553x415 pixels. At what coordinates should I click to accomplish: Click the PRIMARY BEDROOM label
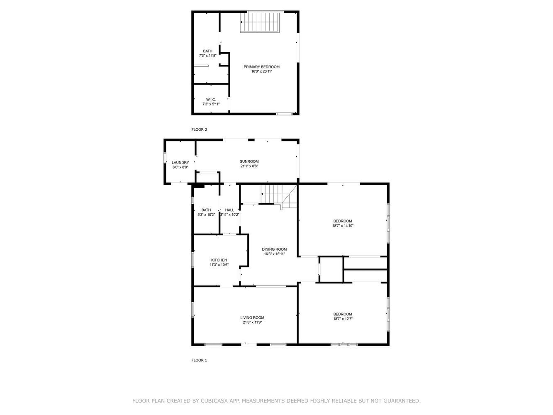pos(261,67)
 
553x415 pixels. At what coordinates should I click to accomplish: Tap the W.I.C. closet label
pos(211,100)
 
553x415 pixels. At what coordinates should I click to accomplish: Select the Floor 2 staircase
pos(260,22)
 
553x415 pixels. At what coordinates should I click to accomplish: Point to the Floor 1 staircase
pos(279,197)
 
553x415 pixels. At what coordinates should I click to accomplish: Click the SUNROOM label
pos(249,161)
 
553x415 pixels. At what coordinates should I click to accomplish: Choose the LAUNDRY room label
pos(180,163)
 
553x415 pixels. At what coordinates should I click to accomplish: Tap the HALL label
pos(229,210)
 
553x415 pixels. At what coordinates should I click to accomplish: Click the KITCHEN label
pos(219,260)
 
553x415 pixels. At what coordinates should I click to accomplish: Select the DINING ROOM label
pos(274,249)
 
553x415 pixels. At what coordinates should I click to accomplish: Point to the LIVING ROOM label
pos(252,317)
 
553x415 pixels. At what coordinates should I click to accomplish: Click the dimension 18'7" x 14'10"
pos(343,226)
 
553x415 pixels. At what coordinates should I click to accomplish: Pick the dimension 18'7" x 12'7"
pos(343,318)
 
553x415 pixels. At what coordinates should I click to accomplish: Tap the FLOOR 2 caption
pos(199,129)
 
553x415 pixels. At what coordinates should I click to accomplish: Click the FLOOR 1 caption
pos(199,360)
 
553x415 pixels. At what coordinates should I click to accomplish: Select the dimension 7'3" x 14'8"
pos(207,56)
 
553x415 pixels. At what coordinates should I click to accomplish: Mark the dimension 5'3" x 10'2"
pos(206,215)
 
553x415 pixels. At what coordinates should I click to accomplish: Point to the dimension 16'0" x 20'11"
pos(261,71)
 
